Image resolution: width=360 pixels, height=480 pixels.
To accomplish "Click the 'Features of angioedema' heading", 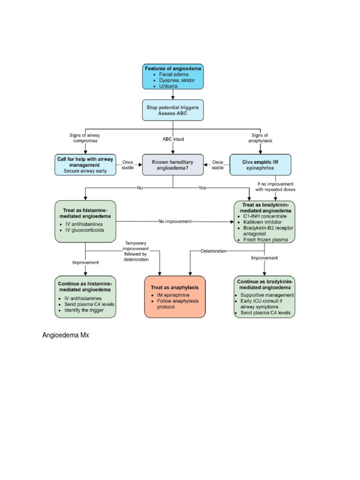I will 173,68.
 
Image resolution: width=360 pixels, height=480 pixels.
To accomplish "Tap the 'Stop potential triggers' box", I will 173,110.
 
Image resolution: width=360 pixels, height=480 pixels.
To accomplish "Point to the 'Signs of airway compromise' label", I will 85,138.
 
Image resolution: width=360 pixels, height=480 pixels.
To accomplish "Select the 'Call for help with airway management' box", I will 85,165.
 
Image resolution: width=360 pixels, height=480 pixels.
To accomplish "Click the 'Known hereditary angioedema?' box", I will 172,165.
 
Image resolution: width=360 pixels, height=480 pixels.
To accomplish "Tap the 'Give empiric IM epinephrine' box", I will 260,165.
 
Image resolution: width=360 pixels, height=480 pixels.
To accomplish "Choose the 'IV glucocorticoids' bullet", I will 84,230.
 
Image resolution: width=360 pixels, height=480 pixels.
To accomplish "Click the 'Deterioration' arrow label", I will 213,251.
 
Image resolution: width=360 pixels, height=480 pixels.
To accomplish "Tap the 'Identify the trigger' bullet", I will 84,310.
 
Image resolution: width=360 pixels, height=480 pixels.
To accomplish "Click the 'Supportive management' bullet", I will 267,295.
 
